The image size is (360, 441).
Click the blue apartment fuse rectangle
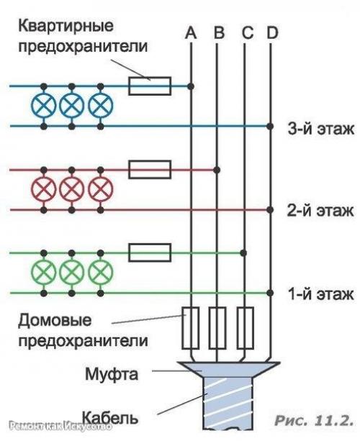[149, 86]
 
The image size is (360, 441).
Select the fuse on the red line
[149, 170]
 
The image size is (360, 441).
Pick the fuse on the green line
[149, 253]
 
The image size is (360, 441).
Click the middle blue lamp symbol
[71, 106]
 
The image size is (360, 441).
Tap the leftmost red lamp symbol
[44, 189]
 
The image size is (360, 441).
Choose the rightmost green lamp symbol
[99, 273]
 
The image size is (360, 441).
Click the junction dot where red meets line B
[218, 170]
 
